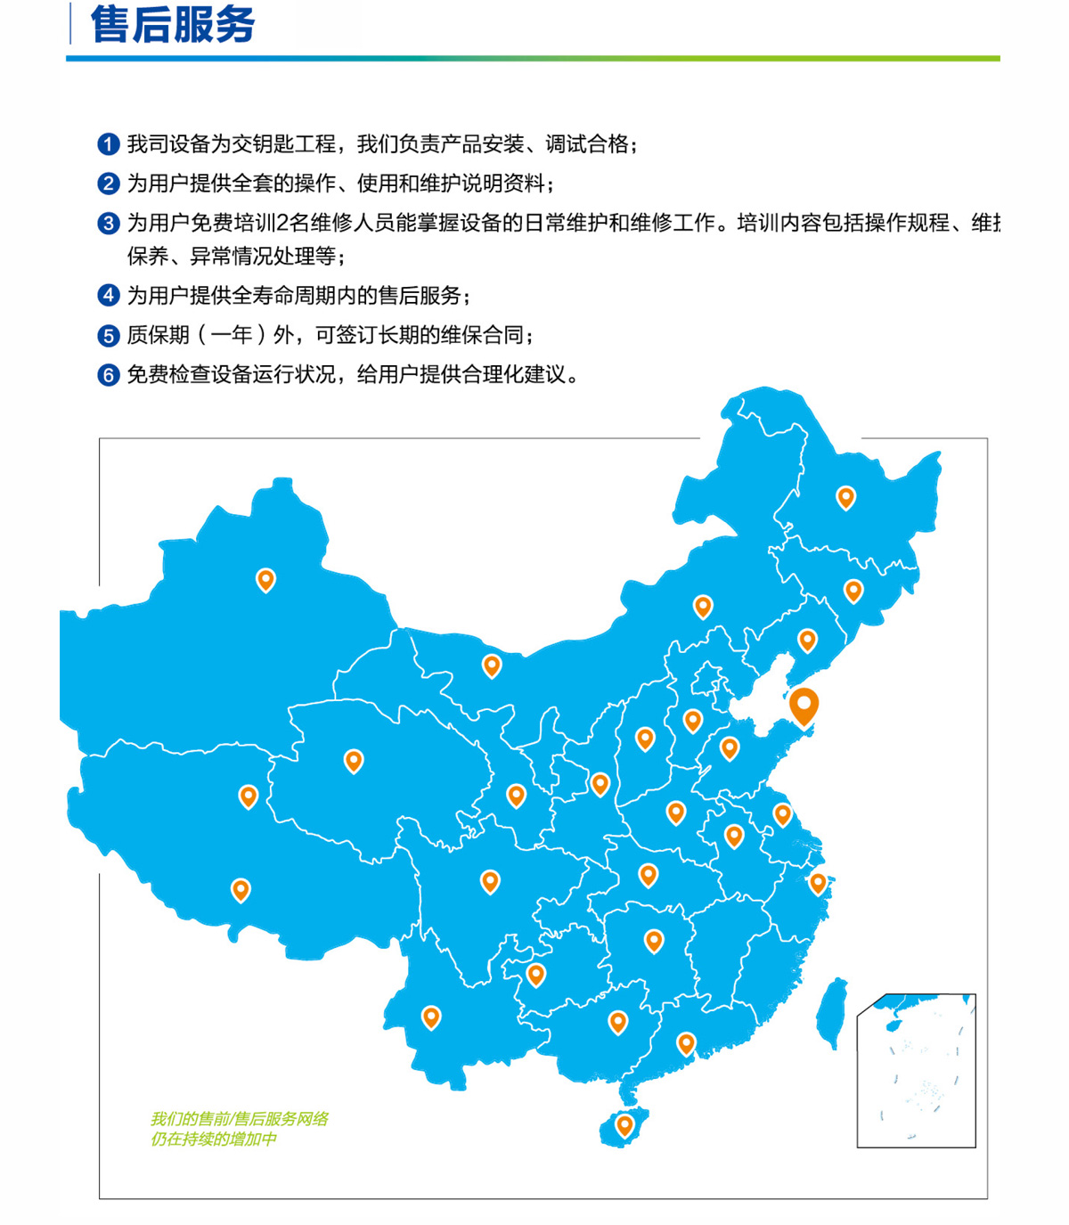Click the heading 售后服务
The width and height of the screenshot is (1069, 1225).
(x=173, y=24)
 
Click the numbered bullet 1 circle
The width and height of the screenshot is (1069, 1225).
(x=108, y=144)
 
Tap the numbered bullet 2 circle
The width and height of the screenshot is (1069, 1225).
(x=108, y=184)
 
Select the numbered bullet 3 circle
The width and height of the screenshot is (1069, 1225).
(x=108, y=223)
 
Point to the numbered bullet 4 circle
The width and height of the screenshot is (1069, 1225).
(x=108, y=296)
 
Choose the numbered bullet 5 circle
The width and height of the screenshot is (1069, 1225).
(x=108, y=336)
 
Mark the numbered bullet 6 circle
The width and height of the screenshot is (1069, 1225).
(x=108, y=375)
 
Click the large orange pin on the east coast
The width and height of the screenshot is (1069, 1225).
(x=804, y=706)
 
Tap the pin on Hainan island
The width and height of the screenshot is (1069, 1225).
(x=624, y=1124)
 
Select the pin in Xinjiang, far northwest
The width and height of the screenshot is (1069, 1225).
(x=265, y=579)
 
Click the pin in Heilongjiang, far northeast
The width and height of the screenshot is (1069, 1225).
(x=845, y=496)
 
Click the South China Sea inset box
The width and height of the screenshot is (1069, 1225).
(x=916, y=1070)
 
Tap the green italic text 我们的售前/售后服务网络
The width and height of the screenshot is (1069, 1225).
(x=239, y=1119)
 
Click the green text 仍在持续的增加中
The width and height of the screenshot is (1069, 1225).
(x=213, y=1139)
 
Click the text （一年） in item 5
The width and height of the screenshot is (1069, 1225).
(x=231, y=336)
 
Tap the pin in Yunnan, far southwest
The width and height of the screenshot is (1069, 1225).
(x=431, y=1016)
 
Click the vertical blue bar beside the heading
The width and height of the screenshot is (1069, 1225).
(x=70, y=23)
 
